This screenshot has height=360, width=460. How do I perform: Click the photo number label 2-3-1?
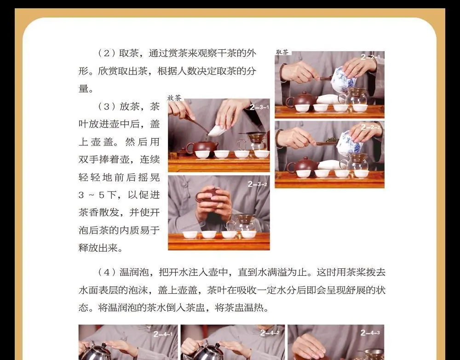coord(259,107)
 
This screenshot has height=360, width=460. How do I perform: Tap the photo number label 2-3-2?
coord(257,184)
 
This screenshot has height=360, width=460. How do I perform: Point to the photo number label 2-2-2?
coord(370,127)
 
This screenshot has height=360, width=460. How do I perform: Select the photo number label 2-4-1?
coord(163,334)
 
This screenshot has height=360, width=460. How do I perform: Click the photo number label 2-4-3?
coord(370,333)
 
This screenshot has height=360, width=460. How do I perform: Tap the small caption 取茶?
coord(282,52)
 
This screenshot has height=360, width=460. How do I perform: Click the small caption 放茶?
coord(174,98)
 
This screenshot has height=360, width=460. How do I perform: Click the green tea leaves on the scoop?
coord(332,140)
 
